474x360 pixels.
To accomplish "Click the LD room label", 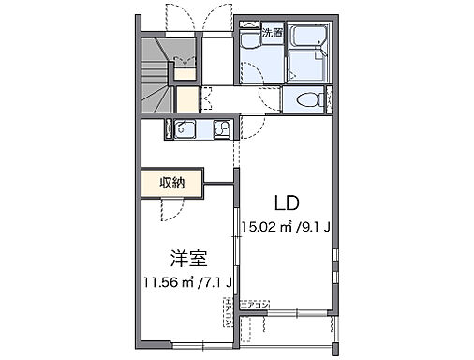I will pos(287,202).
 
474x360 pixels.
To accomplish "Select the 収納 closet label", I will pos(170,183).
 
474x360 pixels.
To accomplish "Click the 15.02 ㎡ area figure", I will pos(266,226).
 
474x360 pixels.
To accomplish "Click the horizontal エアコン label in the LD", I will pos(255,305).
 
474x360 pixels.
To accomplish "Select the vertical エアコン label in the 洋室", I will pos(229,313).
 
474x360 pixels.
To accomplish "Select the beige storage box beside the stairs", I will pos(185,98).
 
